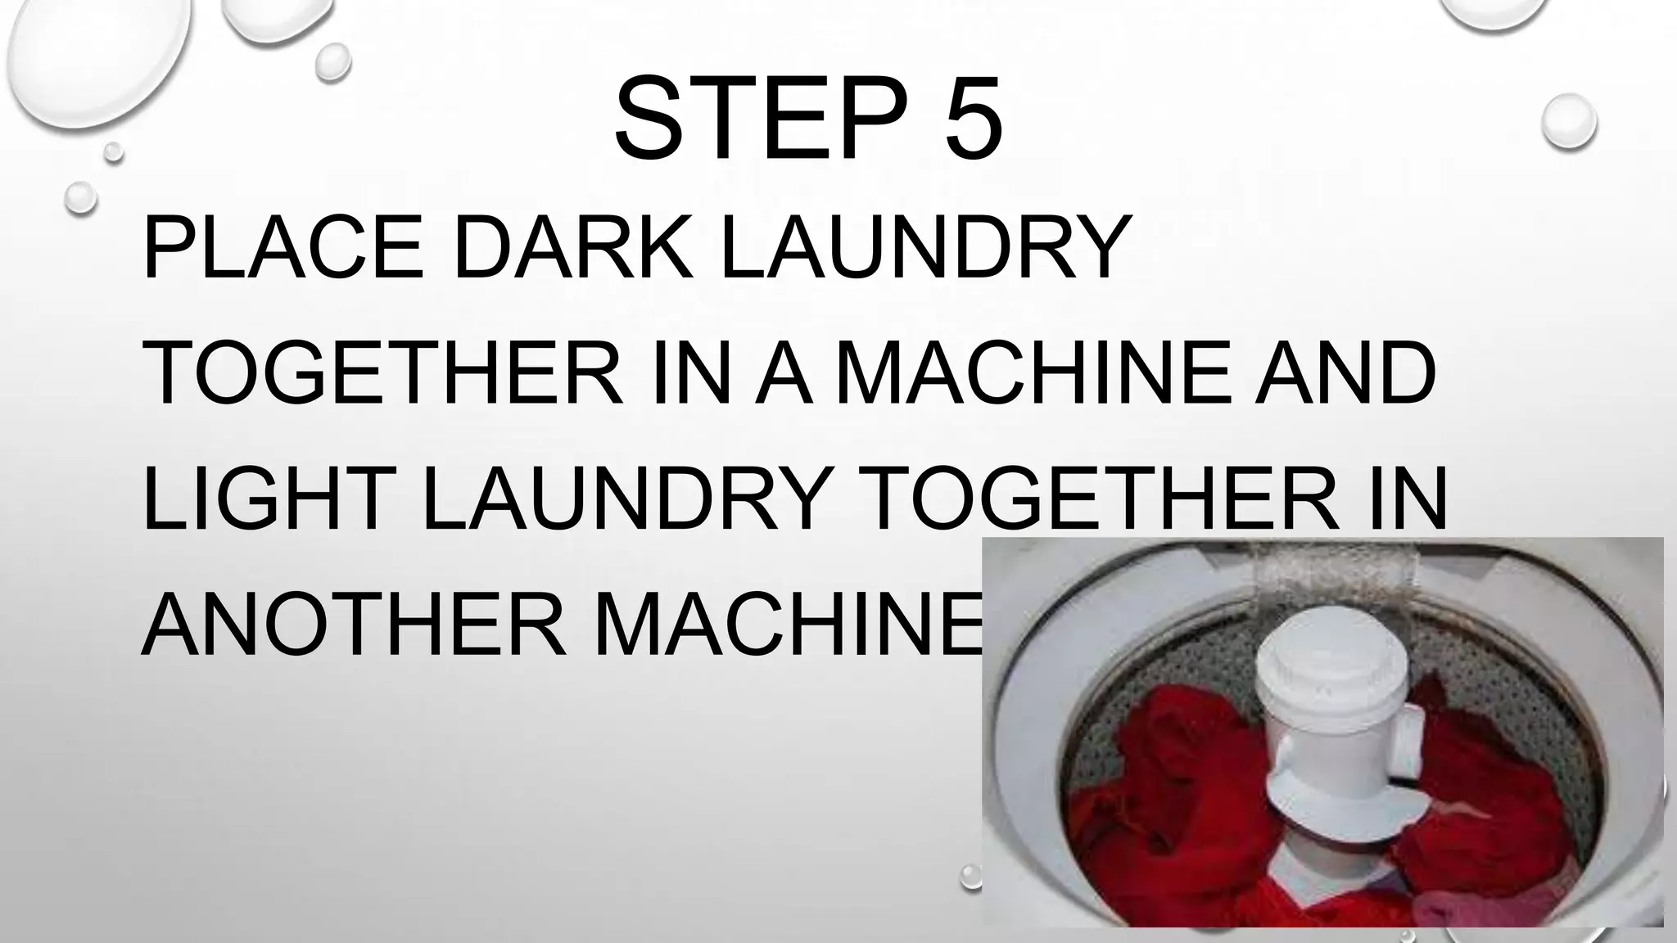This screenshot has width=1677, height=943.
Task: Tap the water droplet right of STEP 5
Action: click(x=1568, y=121)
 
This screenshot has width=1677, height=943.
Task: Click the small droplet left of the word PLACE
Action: click(x=80, y=197)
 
